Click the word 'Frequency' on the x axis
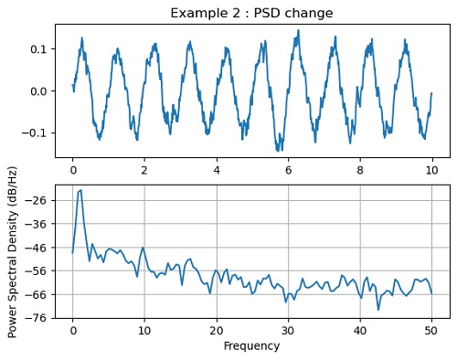[251, 346]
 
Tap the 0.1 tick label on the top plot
[37, 48]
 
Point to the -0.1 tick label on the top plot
[35, 133]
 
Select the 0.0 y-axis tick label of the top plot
[37, 91]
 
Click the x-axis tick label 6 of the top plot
[288, 170]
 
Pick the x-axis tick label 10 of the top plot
[431, 170]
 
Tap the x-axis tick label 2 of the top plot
[144, 170]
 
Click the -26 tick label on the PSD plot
[37, 200]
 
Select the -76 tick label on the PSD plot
[37, 318]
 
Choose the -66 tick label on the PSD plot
[37, 294]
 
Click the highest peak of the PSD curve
[80, 190]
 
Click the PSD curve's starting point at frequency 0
[73, 252]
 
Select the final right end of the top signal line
[431, 93]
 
